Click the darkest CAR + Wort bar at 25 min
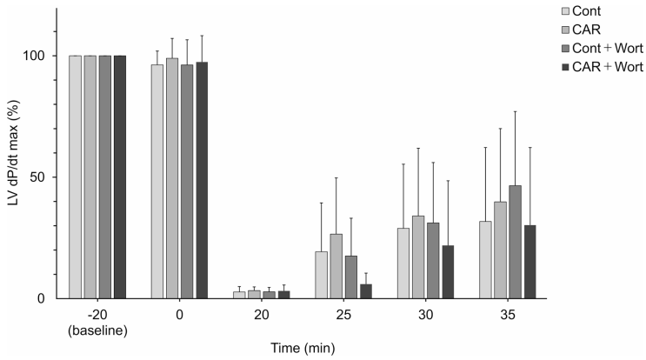366,291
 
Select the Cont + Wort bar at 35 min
516,242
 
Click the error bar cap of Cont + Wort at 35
516,111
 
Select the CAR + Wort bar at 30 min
448,272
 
